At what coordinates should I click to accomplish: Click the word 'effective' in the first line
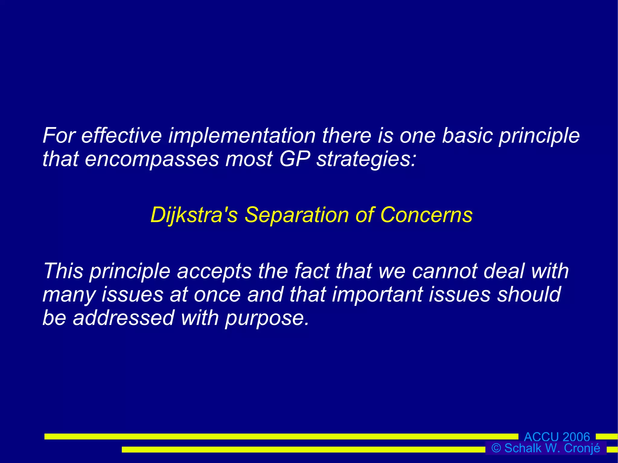click(x=121, y=135)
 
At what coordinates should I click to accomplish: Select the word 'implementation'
click(x=242, y=135)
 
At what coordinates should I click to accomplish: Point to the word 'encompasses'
click(x=151, y=159)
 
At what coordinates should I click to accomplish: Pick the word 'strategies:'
click(x=366, y=159)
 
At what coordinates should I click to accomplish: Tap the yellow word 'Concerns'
click(x=426, y=215)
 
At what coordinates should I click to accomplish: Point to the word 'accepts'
click(x=214, y=271)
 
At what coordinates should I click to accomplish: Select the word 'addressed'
click(x=123, y=318)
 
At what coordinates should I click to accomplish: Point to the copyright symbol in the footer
click(x=496, y=448)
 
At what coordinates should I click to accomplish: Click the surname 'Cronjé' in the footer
click(x=582, y=448)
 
